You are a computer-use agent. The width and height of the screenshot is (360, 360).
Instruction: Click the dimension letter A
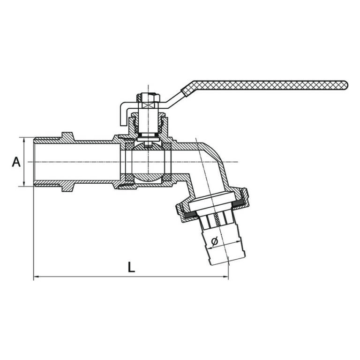point(16,162)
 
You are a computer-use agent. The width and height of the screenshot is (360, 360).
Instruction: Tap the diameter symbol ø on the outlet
point(215,241)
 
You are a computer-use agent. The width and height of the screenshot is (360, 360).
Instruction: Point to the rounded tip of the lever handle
point(346,85)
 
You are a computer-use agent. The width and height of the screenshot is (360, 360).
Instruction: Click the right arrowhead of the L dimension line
point(226,277)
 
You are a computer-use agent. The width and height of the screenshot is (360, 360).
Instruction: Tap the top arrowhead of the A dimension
point(24,140)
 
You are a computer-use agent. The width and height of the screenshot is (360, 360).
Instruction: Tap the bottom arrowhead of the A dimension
point(24,184)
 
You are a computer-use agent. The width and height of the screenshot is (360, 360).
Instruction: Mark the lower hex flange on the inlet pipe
point(68,187)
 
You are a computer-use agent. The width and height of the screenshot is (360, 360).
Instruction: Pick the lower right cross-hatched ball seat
point(166,178)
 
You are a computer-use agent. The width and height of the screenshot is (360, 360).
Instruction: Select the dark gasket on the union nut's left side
point(191,215)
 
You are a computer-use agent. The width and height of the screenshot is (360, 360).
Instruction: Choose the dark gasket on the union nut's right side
point(240,202)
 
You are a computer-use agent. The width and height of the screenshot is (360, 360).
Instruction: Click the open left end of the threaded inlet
point(34,162)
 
